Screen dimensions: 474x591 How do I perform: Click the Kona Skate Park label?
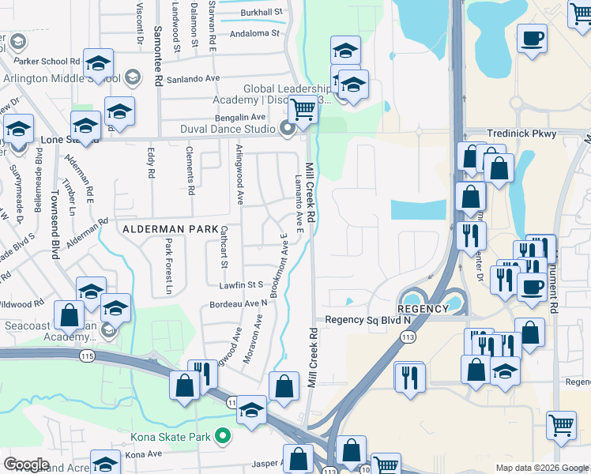(x=179, y=436)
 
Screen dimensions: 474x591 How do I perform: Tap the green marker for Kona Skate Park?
(x=224, y=435)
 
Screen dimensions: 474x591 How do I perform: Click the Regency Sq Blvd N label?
(x=368, y=319)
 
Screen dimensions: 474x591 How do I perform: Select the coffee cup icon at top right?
(x=533, y=38)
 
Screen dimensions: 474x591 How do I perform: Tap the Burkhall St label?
(x=262, y=13)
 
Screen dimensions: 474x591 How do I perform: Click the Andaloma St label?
(x=254, y=34)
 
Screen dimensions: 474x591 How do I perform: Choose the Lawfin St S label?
(x=243, y=284)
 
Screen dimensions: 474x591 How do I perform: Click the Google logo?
(x=27, y=464)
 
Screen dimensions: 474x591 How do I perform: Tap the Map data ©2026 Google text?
(x=541, y=468)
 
